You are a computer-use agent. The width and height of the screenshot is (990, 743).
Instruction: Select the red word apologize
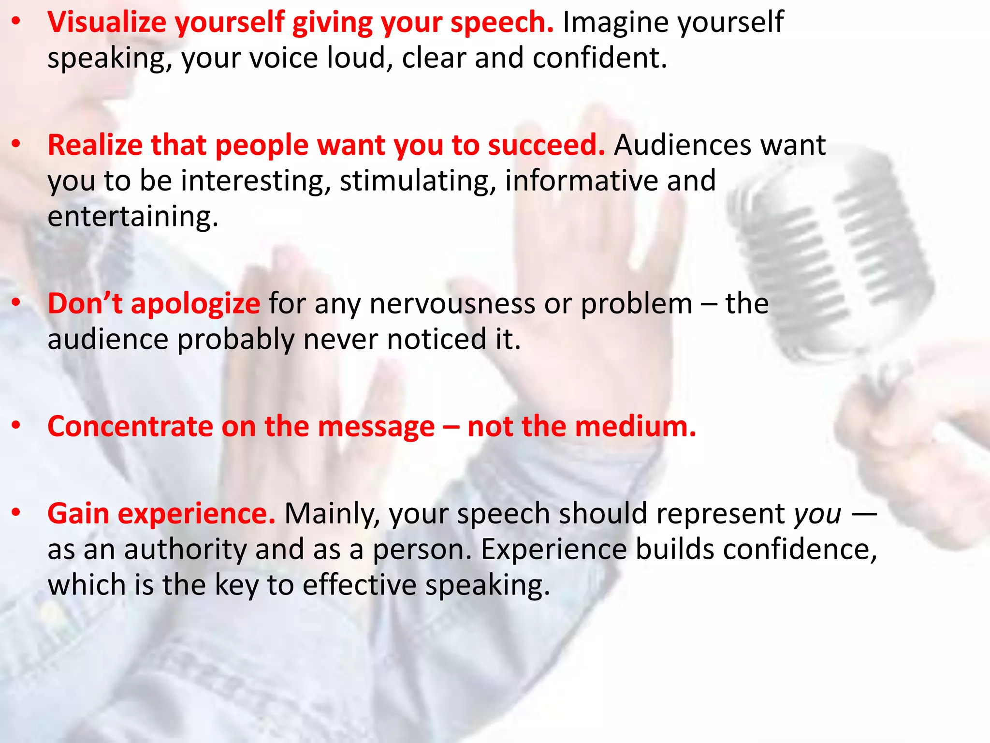pos(195,304)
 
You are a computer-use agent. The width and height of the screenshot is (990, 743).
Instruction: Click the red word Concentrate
pos(130,427)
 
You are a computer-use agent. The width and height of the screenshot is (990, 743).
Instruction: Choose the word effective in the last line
pos(359,585)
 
